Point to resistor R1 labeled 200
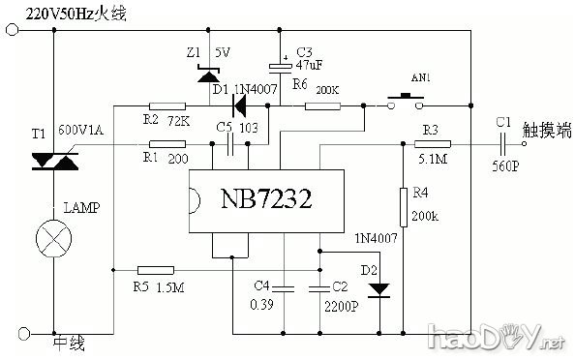[x=168, y=145]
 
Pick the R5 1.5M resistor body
[x=156, y=270]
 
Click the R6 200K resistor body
[x=321, y=105]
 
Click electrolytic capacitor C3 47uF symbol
[x=281, y=66]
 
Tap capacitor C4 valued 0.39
[x=282, y=287]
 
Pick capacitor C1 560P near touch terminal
[x=500, y=145]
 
